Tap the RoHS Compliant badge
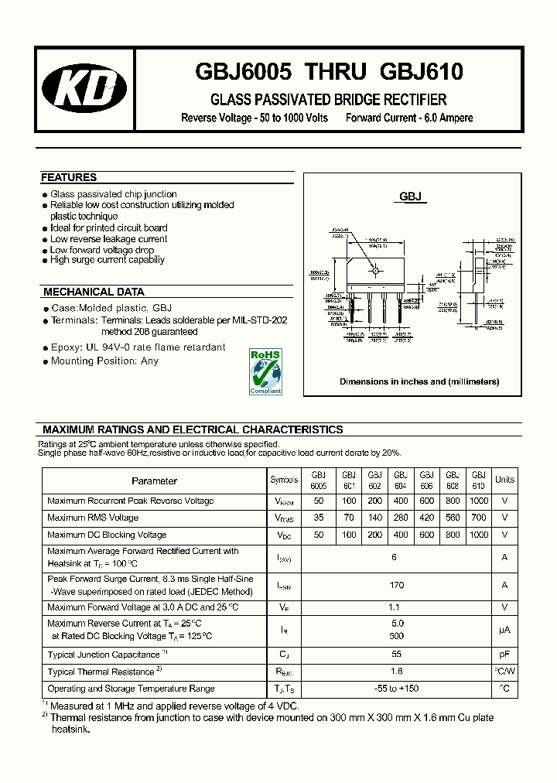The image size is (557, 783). [265, 371]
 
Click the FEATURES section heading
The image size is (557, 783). [69, 177]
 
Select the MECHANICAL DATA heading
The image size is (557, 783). [94, 292]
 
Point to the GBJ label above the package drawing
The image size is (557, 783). [410, 197]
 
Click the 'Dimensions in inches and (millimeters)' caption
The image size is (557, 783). [419, 381]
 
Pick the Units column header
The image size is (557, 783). [504, 480]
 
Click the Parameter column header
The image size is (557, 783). [155, 480]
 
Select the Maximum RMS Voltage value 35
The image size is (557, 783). [319, 518]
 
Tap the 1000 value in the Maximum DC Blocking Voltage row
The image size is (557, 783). [479, 535]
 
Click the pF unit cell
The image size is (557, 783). [504, 654]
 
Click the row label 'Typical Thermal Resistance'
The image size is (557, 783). [101, 672]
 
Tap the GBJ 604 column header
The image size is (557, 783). [400, 480]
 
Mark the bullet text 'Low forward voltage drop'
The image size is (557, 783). [102, 250]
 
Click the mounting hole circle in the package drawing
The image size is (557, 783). [376, 271]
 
